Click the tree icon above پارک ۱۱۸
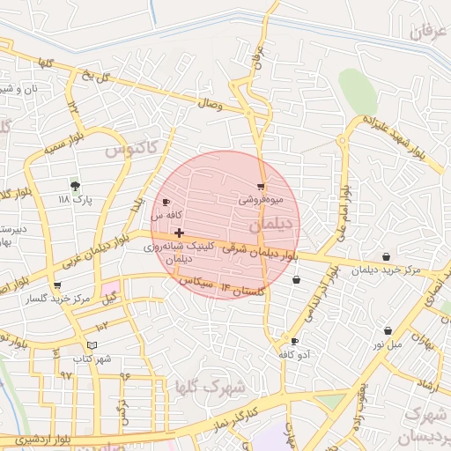(75, 186)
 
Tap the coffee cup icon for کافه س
(166, 203)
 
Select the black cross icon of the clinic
(180, 233)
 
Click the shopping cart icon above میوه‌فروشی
(261, 187)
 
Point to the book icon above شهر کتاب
(92, 344)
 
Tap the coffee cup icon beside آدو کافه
(294, 341)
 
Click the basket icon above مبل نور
(388, 330)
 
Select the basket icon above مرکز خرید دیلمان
(387, 256)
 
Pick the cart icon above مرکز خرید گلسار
(57, 285)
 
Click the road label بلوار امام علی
(342, 211)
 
